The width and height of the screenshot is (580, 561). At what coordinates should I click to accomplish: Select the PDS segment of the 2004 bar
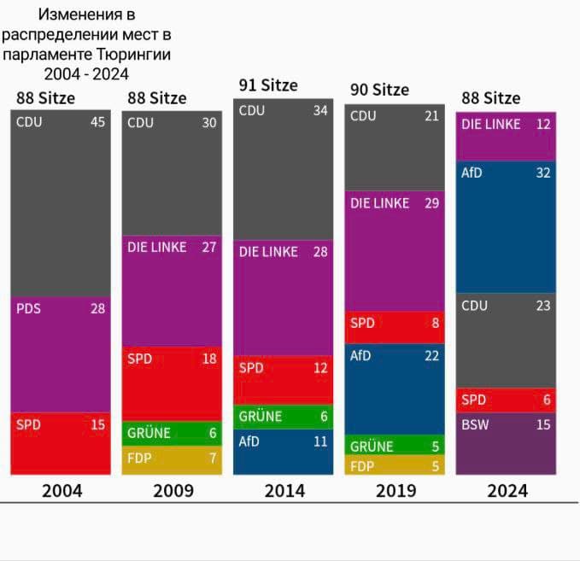[61, 354]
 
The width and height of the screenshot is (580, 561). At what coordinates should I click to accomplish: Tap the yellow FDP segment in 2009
[172, 459]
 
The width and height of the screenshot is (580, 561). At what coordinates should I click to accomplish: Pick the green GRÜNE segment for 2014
[283, 417]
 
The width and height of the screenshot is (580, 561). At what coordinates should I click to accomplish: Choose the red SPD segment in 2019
[394, 327]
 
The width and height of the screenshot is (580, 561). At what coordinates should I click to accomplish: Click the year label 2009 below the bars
[173, 491]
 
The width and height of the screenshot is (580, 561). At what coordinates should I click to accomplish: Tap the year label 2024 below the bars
[507, 491]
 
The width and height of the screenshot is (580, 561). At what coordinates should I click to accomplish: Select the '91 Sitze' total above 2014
[268, 85]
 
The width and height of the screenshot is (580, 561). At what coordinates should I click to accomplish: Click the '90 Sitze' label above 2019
[379, 90]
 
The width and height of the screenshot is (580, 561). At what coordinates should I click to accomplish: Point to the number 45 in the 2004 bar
[97, 122]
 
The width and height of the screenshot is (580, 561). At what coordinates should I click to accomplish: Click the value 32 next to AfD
[543, 173]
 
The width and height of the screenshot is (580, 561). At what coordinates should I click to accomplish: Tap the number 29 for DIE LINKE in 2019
[431, 203]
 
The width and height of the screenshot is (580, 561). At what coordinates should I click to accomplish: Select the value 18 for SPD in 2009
[209, 359]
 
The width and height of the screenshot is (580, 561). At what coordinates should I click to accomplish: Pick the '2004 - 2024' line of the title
[86, 73]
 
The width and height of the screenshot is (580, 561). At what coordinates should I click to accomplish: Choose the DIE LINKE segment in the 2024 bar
[506, 137]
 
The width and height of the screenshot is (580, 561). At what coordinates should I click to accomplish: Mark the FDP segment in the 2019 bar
[394, 466]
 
